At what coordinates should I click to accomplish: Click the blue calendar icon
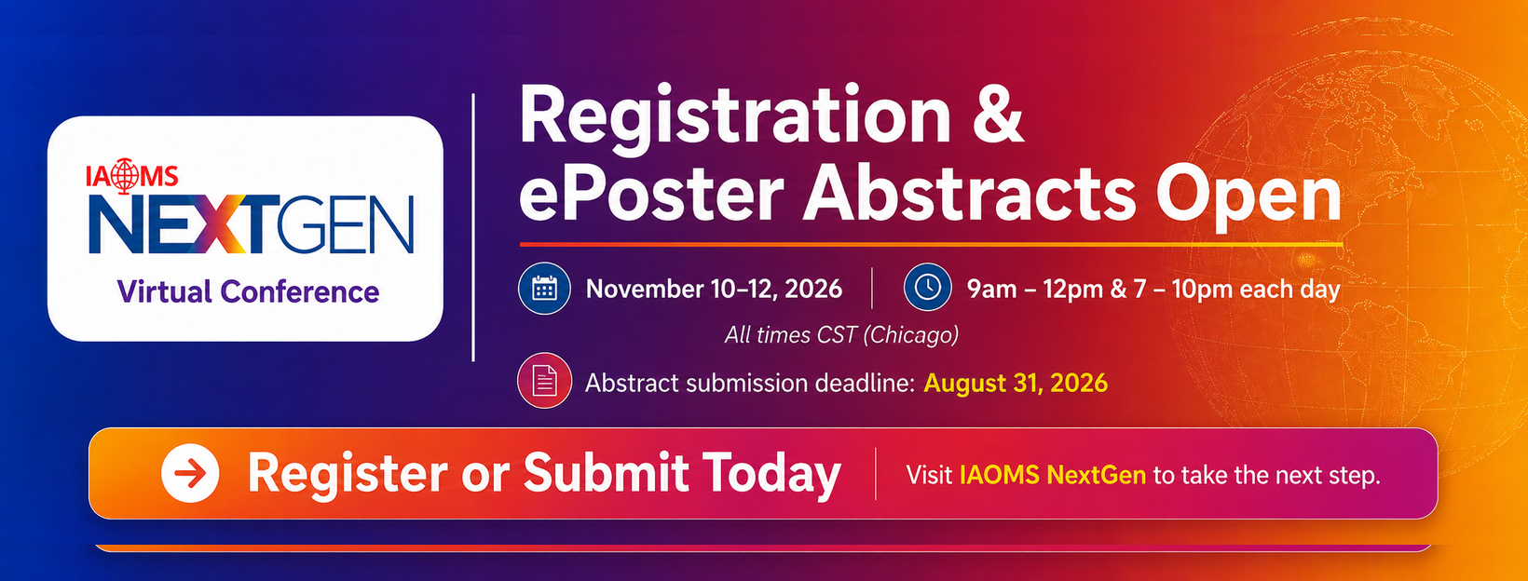pyautogui.click(x=544, y=289)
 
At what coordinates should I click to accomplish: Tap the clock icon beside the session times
pyautogui.click(x=927, y=287)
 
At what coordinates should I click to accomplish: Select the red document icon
pyautogui.click(x=544, y=381)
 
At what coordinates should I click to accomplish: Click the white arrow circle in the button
pyautogui.click(x=190, y=473)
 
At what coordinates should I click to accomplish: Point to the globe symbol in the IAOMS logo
pyautogui.click(x=124, y=176)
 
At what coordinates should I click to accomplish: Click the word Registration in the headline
pyautogui.click(x=735, y=117)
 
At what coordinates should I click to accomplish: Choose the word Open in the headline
pyautogui.click(x=1248, y=197)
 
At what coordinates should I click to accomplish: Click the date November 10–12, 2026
pyautogui.click(x=715, y=289)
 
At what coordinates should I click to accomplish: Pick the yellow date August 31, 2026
pyautogui.click(x=1015, y=384)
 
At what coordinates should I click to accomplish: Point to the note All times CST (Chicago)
pyautogui.click(x=841, y=335)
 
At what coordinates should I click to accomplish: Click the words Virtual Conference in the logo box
pyautogui.click(x=248, y=291)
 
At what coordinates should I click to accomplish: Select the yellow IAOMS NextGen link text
pyautogui.click(x=1053, y=475)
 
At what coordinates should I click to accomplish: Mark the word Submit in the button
pyautogui.click(x=606, y=472)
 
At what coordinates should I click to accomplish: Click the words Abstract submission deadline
pyautogui.click(x=750, y=384)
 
